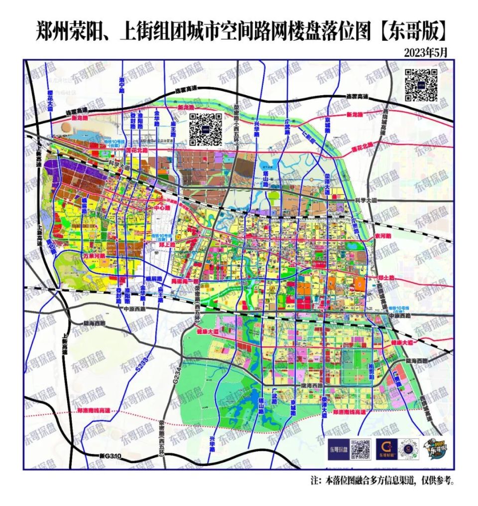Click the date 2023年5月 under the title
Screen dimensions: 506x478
[x=426, y=52]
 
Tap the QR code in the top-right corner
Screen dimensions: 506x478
[x=420, y=85]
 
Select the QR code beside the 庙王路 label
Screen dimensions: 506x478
[x=205, y=129]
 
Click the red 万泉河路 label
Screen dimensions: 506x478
[x=94, y=256]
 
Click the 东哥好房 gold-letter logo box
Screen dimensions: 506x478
[x=387, y=450]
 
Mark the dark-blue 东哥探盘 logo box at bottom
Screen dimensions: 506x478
[x=339, y=450]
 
